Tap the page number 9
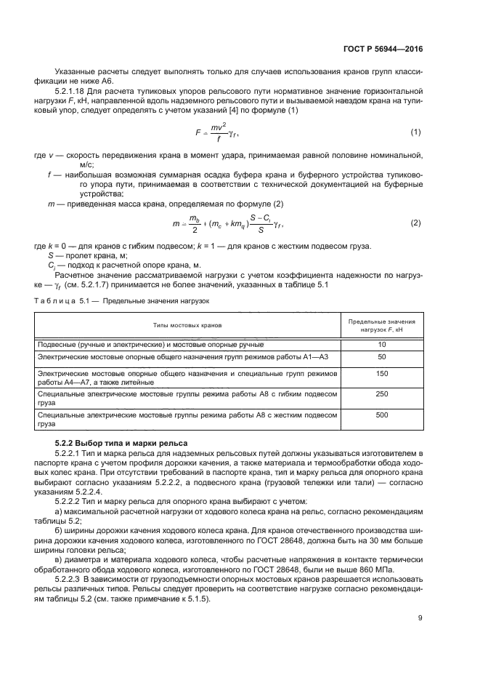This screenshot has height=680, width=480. [420, 618]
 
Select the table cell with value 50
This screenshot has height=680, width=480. [381, 357]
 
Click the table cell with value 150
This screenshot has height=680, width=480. [381, 373]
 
